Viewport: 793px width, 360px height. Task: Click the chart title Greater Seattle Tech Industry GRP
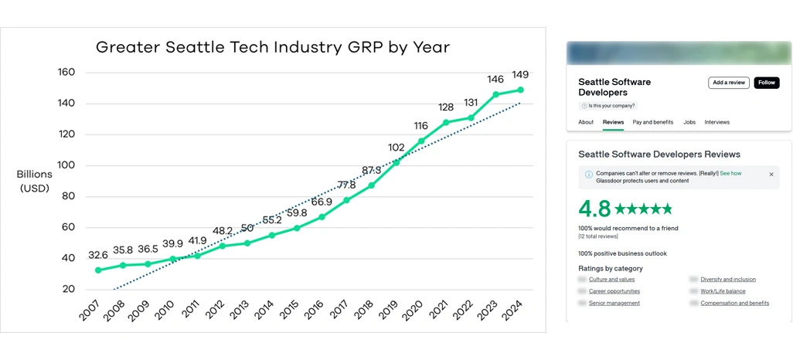273,47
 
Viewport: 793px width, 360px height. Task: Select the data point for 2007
98,270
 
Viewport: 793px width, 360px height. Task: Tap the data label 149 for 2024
520,76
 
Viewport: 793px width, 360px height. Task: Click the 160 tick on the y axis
66,73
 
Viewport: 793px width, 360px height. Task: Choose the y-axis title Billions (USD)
34,181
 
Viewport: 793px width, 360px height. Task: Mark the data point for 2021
445,122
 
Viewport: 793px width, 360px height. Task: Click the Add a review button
728,83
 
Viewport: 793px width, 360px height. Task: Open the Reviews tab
613,122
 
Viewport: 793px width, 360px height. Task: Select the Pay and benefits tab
653,122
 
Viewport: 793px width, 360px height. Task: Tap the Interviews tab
716,122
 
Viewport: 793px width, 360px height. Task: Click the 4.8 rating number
594,209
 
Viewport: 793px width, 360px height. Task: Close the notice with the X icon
771,175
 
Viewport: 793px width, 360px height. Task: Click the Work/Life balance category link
723,291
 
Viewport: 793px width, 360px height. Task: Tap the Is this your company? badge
611,106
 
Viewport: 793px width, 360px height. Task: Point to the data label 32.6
98,254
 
